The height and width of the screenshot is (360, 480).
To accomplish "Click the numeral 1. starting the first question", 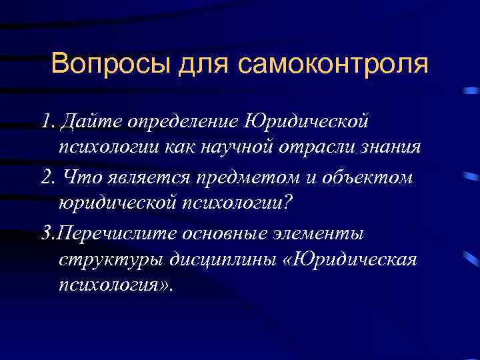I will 47,122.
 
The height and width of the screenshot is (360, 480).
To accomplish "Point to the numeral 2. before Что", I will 47,178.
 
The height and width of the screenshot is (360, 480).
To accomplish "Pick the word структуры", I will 106,259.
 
